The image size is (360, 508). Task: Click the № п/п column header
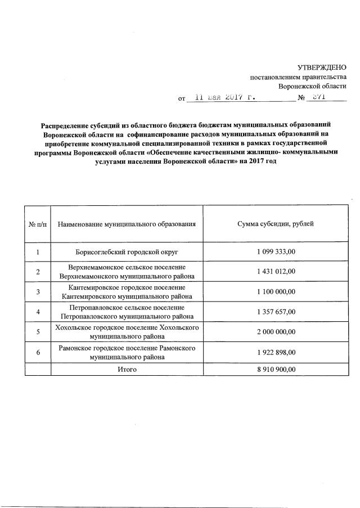tap(38, 224)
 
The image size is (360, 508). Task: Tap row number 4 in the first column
tap(38, 312)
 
